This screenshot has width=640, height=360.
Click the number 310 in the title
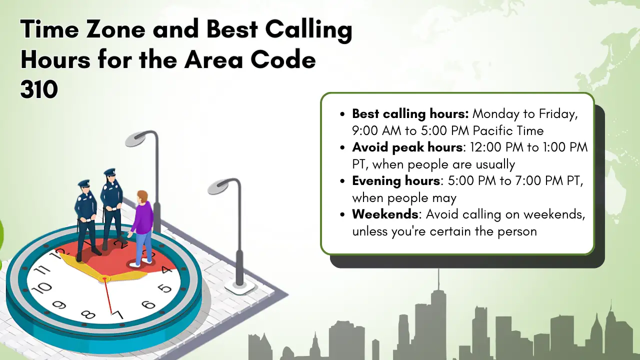pos(39,89)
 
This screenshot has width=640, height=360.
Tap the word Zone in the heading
pos(115,29)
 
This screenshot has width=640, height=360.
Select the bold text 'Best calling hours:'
pos(410,114)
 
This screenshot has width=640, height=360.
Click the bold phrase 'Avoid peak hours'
pos(407,147)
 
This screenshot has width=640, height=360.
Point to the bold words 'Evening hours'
pos(396,181)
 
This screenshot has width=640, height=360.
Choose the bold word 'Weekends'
pos(385,214)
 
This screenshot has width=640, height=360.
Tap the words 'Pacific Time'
pos(508,131)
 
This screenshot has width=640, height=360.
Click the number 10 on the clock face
pos(41,288)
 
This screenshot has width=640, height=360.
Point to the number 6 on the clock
pos(148,305)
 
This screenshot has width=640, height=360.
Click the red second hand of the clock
pos(107,295)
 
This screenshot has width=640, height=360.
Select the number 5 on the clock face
pos(165,288)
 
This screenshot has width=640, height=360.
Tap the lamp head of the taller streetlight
pos(135,140)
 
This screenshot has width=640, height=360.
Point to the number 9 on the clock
pos(59,305)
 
